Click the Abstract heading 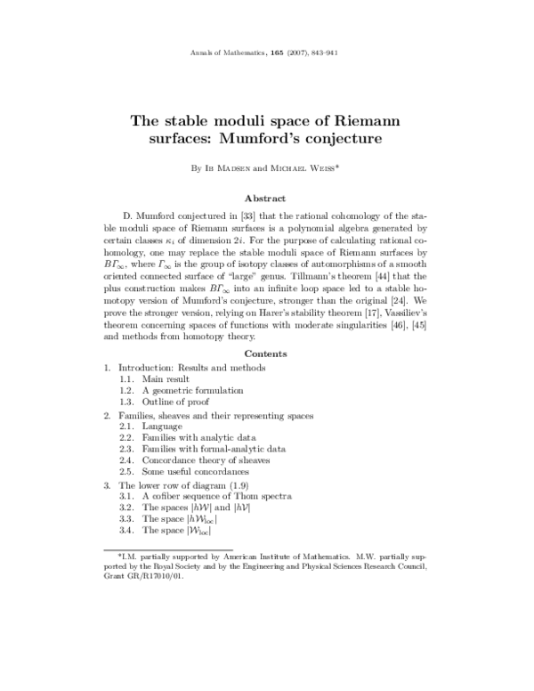point(267,200)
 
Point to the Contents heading point(267,354)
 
